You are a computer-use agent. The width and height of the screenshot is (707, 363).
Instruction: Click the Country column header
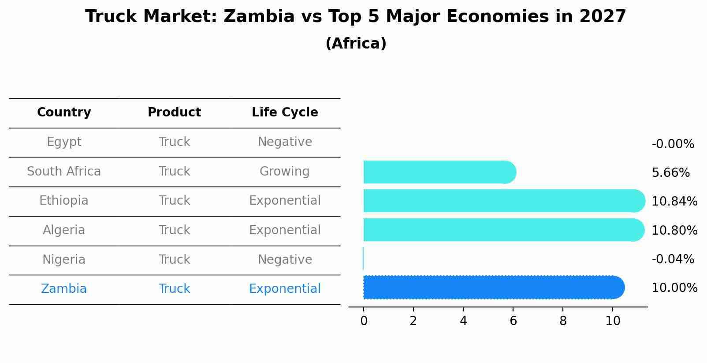64,112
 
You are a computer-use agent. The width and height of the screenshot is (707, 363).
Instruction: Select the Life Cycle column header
285,112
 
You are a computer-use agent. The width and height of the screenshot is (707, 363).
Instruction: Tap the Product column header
174,112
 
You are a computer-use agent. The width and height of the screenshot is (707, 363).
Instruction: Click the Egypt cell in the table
64,142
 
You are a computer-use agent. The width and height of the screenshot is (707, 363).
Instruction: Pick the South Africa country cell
64,172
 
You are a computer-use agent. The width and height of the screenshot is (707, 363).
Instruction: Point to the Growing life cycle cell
285,172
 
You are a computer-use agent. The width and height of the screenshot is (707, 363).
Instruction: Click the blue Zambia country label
64,289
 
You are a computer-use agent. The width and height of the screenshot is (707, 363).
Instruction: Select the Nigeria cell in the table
64,260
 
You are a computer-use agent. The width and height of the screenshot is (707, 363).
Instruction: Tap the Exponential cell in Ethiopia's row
285,201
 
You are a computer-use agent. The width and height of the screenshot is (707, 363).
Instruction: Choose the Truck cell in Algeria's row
174,230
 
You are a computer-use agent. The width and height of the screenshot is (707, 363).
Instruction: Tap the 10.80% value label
674,231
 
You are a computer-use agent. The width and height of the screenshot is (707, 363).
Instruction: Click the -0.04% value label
673,259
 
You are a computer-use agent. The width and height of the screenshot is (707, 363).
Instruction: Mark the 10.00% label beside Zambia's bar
674,288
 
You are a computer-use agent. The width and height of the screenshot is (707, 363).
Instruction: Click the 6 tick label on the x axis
513,321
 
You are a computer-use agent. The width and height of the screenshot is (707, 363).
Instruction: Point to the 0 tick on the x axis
364,321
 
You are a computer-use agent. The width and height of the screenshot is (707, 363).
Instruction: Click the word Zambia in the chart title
259,17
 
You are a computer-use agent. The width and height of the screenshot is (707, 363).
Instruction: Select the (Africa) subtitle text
356,44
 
